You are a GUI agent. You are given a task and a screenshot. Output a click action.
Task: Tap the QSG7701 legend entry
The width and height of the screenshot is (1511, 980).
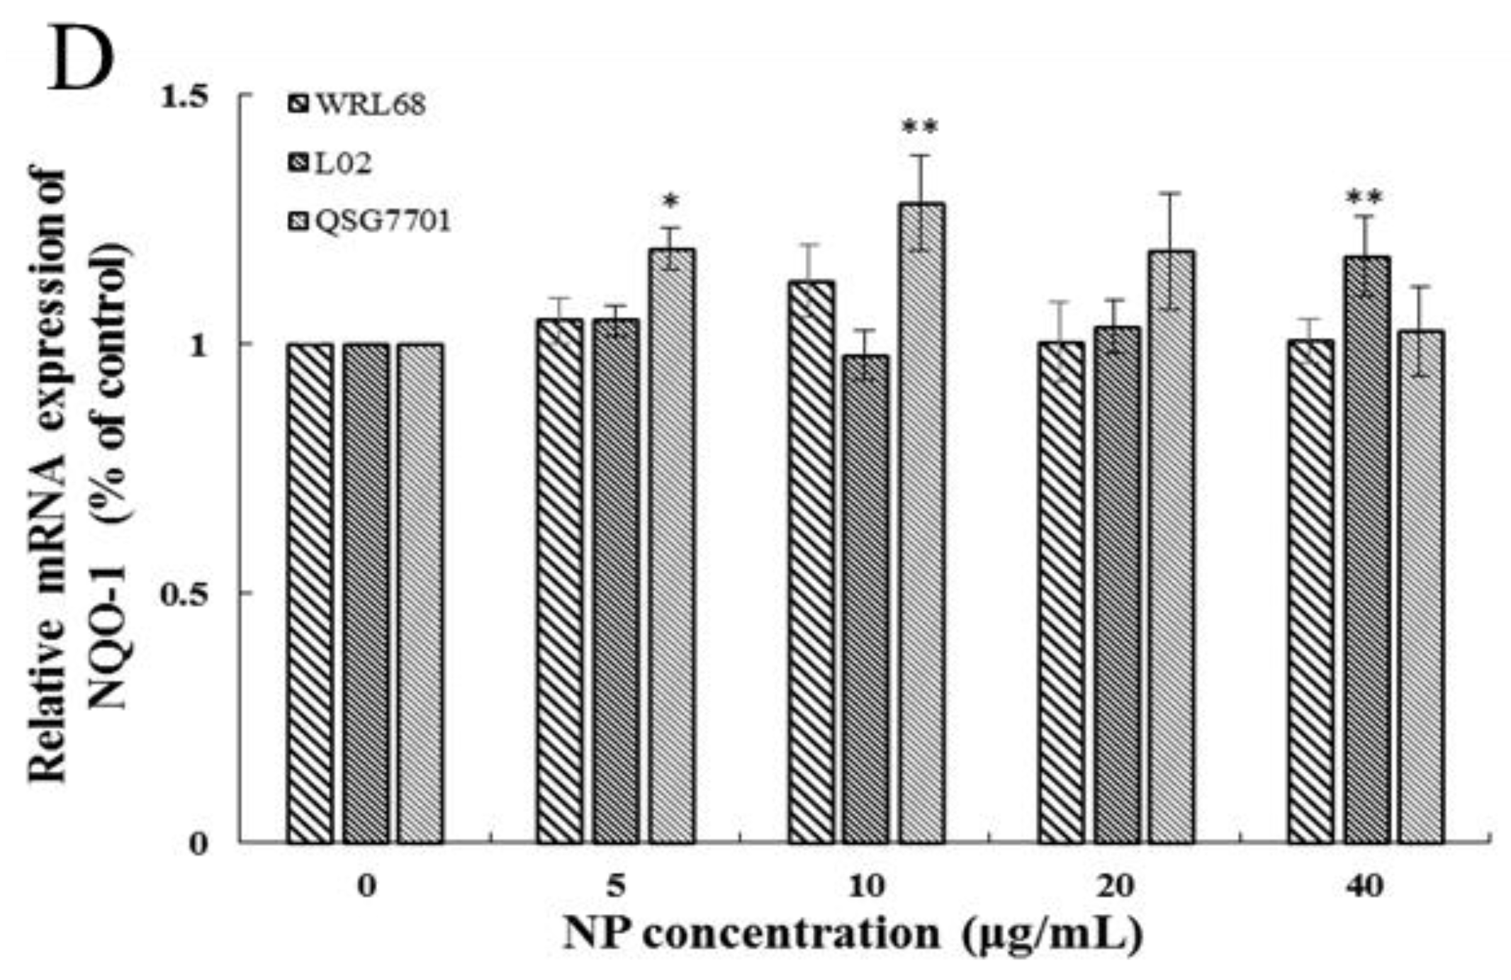point(369,222)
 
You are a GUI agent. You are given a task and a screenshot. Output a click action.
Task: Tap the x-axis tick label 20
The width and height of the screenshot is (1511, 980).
point(1117,886)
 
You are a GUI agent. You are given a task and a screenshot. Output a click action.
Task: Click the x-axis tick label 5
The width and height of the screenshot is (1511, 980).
point(616,886)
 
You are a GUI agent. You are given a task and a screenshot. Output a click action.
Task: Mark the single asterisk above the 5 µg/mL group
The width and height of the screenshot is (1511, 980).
point(670,203)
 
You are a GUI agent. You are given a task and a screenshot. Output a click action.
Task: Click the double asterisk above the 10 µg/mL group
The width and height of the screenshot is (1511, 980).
point(920,128)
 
